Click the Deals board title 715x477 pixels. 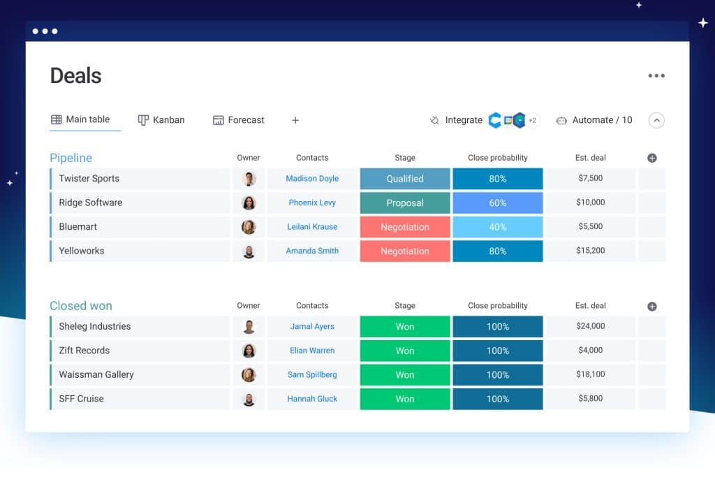pos(75,75)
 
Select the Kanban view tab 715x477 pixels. pos(161,120)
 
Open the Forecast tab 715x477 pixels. pos(239,120)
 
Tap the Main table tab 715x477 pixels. pos(80,119)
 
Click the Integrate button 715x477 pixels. pos(456,120)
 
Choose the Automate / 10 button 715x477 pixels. pos(594,120)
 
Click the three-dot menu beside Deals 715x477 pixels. pos(656,76)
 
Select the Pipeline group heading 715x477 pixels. pos(71,158)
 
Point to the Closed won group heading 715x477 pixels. pos(80,306)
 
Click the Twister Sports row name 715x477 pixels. pos(89,179)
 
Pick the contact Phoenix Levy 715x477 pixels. pos(312,203)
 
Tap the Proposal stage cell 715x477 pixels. pos(405,203)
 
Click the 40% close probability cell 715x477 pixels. pos(497,227)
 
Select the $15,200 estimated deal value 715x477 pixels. pos(591,251)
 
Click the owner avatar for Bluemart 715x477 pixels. pos(249,227)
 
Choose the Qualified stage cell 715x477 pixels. pos(405,179)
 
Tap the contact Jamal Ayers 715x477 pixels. pos(312,326)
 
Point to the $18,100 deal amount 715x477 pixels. pos(591,374)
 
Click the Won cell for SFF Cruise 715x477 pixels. pos(405,399)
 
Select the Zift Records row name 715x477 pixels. pos(84,351)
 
